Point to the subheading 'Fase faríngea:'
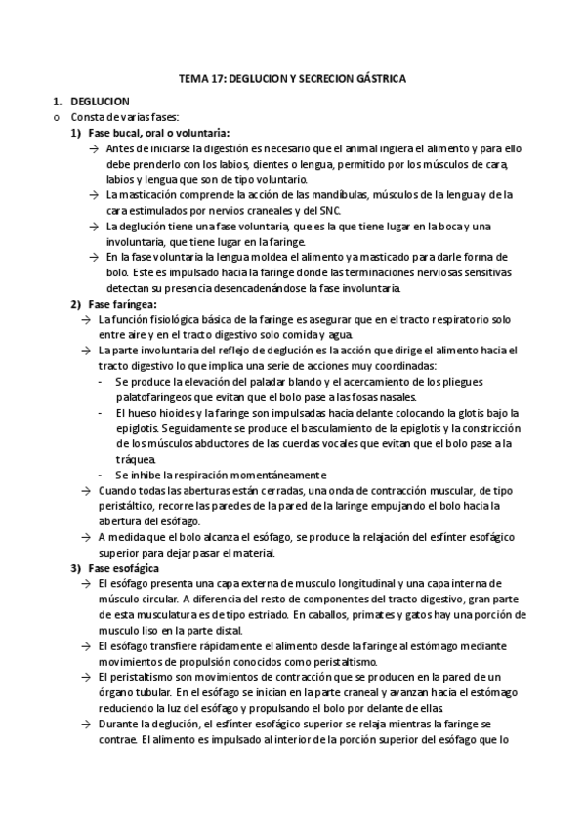pyautogui.click(x=122, y=304)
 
